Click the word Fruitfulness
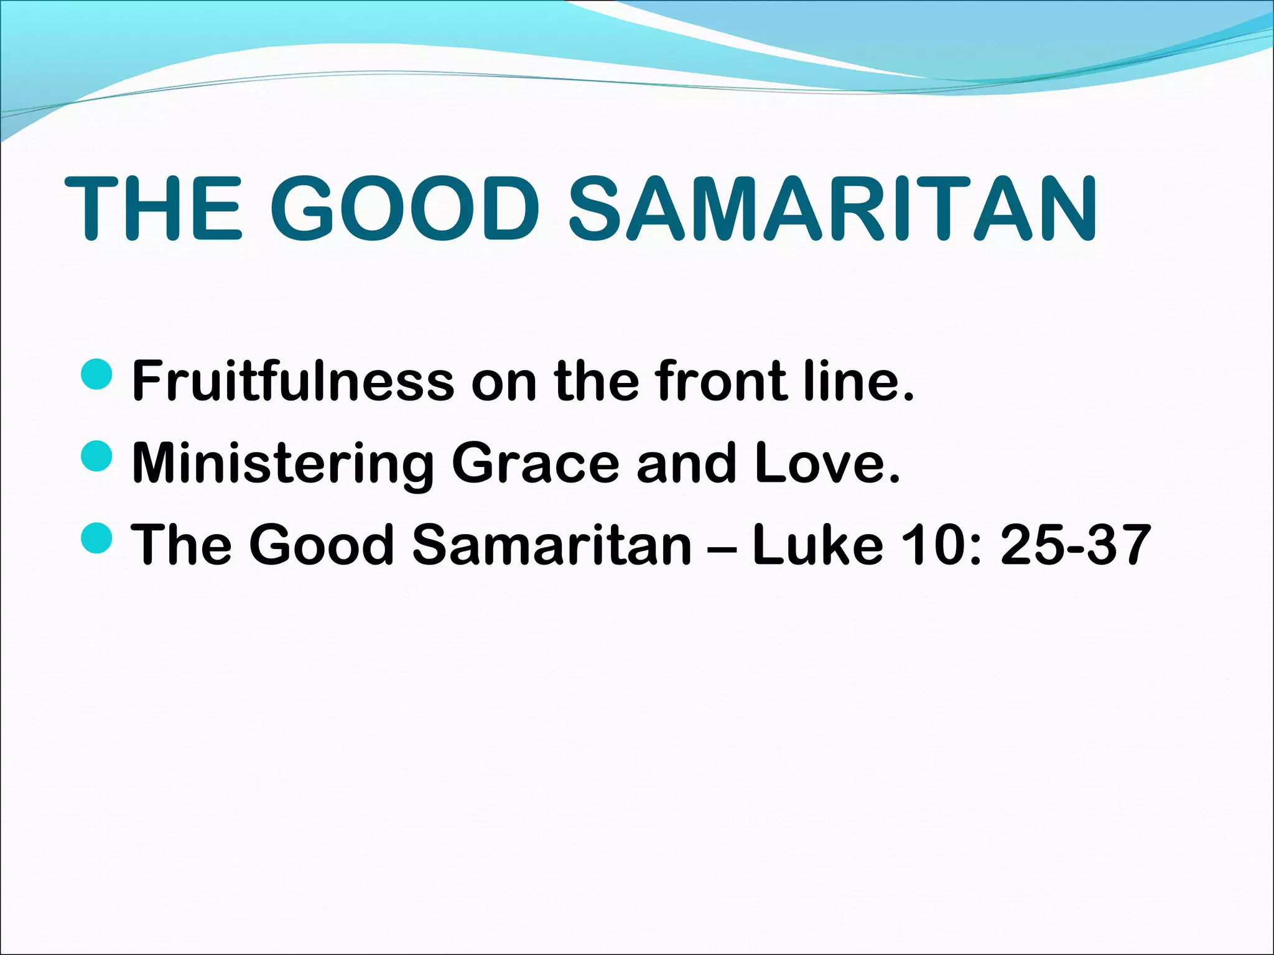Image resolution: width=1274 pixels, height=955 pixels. point(293,381)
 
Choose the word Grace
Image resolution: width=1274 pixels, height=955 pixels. point(536,463)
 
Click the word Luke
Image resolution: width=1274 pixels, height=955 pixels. point(818,545)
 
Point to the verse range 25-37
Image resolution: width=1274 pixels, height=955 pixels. point(1076,545)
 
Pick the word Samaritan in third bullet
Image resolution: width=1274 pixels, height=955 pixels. point(552,545)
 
